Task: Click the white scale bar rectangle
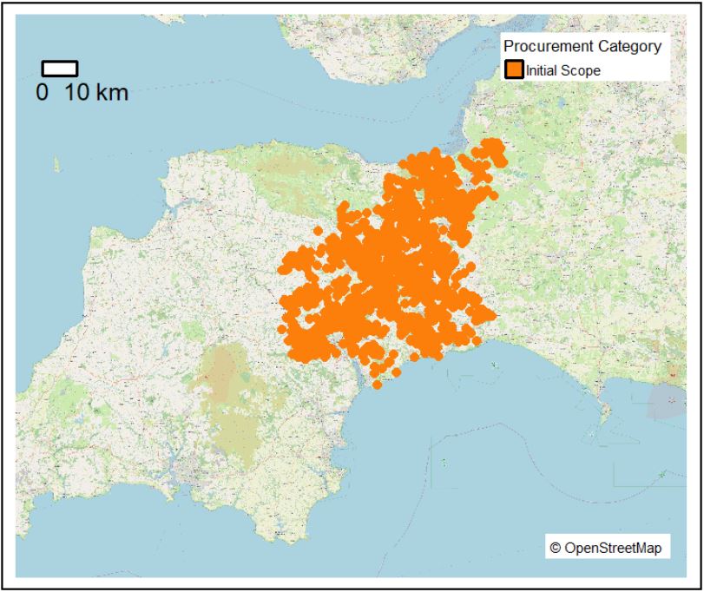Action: coord(60,69)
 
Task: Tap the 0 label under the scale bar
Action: coord(42,92)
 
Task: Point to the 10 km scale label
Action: coord(95,92)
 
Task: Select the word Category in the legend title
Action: coord(630,47)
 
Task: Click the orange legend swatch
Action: coord(514,70)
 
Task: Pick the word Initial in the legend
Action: coord(543,70)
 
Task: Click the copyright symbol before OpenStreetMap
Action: coord(556,549)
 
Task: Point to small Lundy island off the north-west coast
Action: coord(56,163)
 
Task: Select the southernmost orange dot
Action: coord(377,384)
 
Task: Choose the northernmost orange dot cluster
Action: coord(492,145)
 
